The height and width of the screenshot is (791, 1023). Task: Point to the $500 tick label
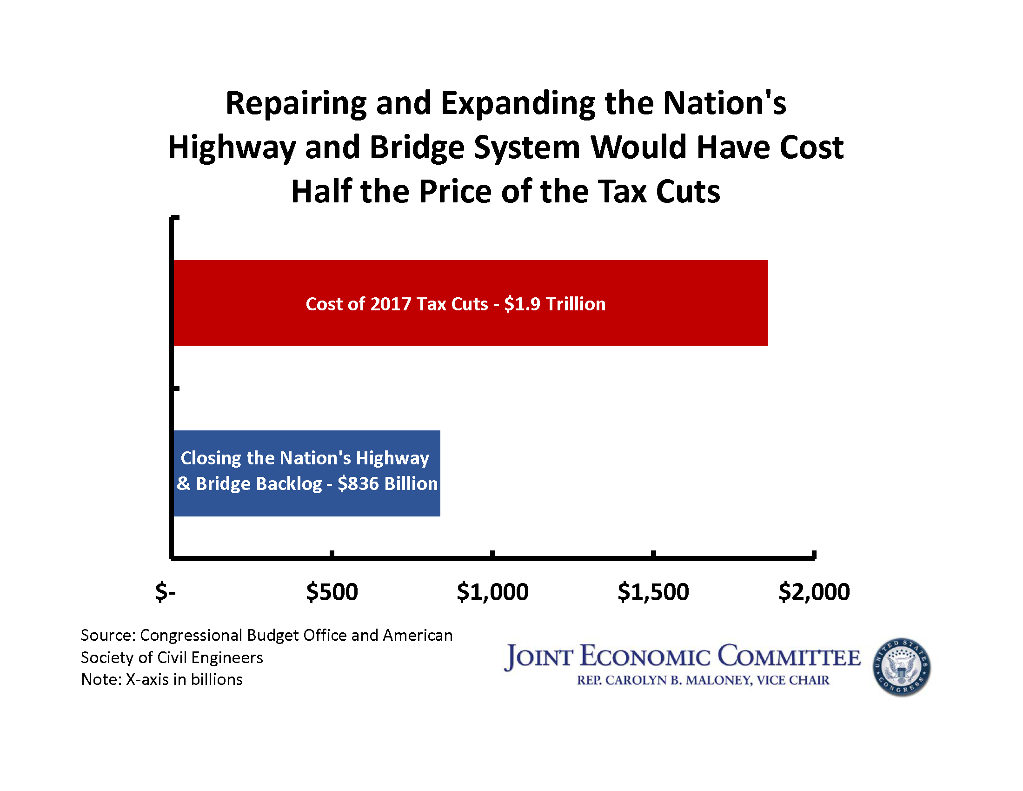pyautogui.click(x=332, y=592)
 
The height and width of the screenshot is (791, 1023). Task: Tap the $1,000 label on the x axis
pyautogui.click(x=492, y=592)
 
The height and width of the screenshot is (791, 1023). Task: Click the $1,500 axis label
pyautogui.click(x=653, y=592)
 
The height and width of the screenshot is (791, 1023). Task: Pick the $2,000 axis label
pyautogui.click(x=814, y=592)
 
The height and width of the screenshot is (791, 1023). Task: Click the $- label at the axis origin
pyautogui.click(x=166, y=592)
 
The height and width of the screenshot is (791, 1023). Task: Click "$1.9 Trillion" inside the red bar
pyautogui.click(x=555, y=304)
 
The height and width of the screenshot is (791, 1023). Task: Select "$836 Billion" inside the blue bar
pyautogui.click(x=387, y=483)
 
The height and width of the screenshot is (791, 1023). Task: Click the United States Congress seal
pyautogui.click(x=901, y=667)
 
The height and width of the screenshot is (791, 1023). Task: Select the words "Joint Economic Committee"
pyautogui.click(x=682, y=656)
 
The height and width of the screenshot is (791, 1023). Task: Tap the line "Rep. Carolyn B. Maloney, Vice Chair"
pyautogui.click(x=703, y=680)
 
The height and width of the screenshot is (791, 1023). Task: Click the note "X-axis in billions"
pyautogui.click(x=184, y=679)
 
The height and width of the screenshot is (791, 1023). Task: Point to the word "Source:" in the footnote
pyautogui.click(x=108, y=636)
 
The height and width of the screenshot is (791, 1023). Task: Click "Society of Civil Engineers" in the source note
pyautogui.click(x=172, y=657)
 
